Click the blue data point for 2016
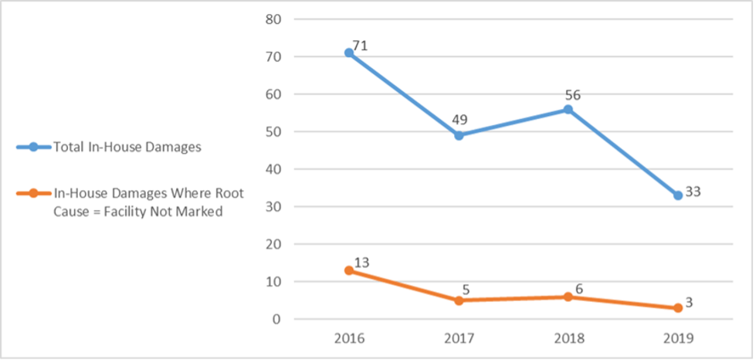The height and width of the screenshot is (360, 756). [x=349, y=53]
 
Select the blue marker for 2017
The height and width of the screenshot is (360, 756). [x=459, y=135]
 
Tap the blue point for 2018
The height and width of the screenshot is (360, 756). [x=568, y=109]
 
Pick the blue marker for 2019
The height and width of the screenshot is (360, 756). [x=678, y=195]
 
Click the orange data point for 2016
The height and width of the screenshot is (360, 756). [x=349, y=270]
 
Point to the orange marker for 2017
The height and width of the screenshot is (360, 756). [x=459, y=301]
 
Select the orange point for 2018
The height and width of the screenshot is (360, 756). [x=568, y=297]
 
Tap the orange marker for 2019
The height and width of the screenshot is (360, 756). [x=678, y=307]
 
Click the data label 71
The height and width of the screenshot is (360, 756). [x=360, y=46]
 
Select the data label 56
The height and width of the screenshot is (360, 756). [x=573, y=95]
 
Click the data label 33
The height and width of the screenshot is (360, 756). [x=693, y=192]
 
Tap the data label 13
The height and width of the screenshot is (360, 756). [x=362, y=263]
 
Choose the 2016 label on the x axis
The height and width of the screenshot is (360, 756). [x=349, y=338]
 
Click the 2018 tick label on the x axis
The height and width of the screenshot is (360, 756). [x=568, y=338]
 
